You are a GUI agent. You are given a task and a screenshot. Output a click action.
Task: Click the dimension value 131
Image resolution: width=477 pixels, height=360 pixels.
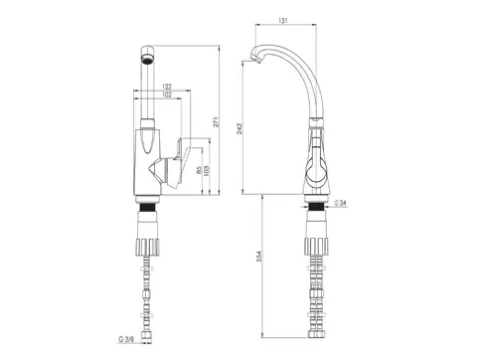(282, 20)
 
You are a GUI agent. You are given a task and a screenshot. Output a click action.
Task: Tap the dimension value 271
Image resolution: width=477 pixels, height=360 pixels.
(216, 122)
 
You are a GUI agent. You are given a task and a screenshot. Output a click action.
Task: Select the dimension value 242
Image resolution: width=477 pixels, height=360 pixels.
(239, 128)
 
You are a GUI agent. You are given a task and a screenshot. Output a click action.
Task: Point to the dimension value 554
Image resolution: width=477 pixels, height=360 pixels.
(259, 257)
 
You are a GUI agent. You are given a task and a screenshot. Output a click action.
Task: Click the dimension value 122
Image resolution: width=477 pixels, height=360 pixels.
(167, 87)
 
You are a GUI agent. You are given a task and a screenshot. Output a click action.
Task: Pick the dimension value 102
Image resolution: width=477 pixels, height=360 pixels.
(167, 94)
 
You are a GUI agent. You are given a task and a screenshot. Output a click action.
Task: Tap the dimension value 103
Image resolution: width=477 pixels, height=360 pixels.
(207, 171)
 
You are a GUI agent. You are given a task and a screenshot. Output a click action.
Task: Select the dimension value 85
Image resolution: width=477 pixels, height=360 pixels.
(199, 170)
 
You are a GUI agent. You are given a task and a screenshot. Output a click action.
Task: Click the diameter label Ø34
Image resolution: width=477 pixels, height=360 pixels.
(341, 203)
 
